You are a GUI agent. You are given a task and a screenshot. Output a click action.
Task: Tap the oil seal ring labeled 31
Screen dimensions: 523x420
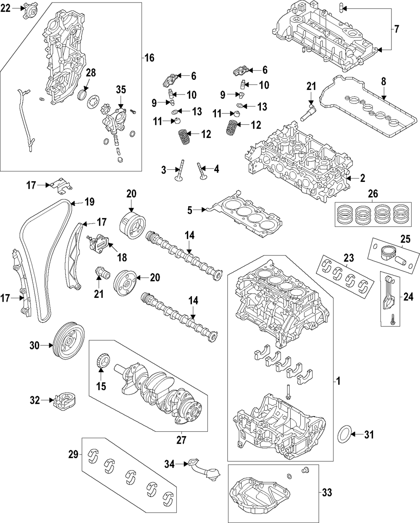click(x=345, y=434)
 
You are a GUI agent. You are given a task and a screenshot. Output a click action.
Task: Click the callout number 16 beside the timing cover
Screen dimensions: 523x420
click(x=150, y=58)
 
